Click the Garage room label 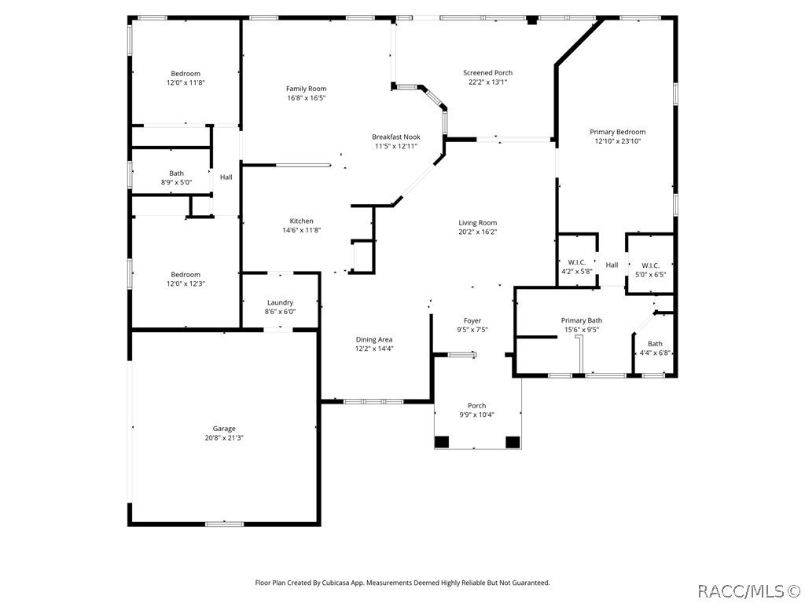tap(224, 428)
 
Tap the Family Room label tap(306, 89)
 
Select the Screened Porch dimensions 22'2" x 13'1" tap(487, 82)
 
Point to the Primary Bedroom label tap(617, 132)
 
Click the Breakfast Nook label tap(395, 137)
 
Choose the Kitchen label tap(301, 221)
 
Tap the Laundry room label tap(280, 302)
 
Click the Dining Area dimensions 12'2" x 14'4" tap(374, 349)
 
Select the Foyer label tap(472, 320)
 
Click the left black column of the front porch tap(442, 441)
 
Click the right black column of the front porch tap(513, 441)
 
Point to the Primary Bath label tap(581, 320)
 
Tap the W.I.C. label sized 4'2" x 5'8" tap(576, 263)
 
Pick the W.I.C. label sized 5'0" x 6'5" tap(649, 265)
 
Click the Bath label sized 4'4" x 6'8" tap(654, 344)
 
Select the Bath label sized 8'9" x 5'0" tap(176, 174)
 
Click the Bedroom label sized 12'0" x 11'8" tap(186, 74)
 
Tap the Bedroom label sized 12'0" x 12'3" tap(186, 275)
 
